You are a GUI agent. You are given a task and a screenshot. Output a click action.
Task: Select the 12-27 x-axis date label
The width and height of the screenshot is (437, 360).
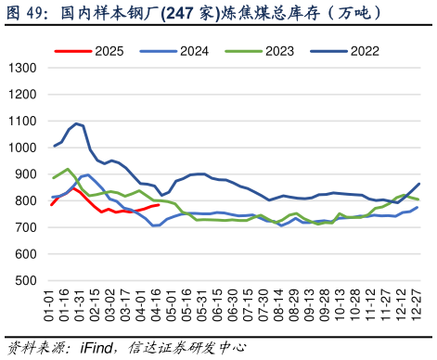point(418,305)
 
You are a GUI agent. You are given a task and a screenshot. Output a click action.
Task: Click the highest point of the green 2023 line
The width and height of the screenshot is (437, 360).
point(68,169)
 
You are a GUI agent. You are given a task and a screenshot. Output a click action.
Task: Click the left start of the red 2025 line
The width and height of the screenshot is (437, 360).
point(52,204)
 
